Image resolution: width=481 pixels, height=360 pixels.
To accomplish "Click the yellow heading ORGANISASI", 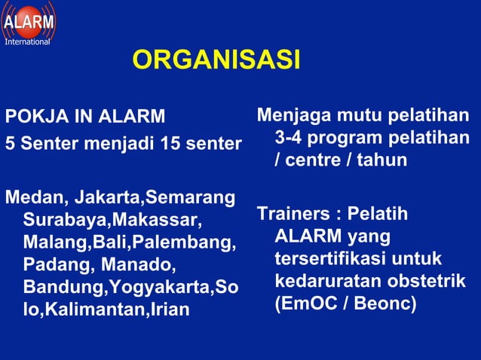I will point(216,59).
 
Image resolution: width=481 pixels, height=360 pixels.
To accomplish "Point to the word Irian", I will point(167,310).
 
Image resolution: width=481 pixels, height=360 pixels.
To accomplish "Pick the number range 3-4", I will point(290,139).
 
